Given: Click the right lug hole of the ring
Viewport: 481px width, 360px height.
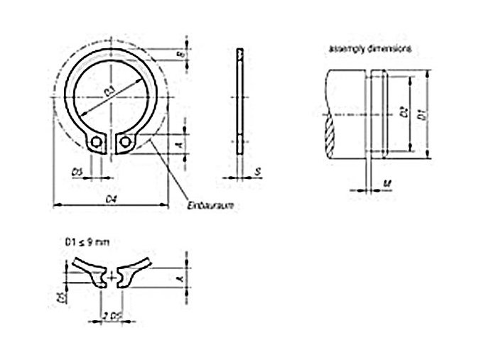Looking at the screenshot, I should point(126,143).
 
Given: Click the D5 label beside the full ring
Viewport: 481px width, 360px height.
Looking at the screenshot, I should point(77,171).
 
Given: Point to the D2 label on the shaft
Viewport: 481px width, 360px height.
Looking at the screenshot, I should point(403,112).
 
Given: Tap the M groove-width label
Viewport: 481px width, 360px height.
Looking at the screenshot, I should point(384,184).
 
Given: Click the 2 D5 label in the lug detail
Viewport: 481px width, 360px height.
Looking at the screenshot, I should point(109,315).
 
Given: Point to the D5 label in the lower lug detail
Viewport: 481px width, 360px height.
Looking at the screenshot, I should point(62,294).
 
